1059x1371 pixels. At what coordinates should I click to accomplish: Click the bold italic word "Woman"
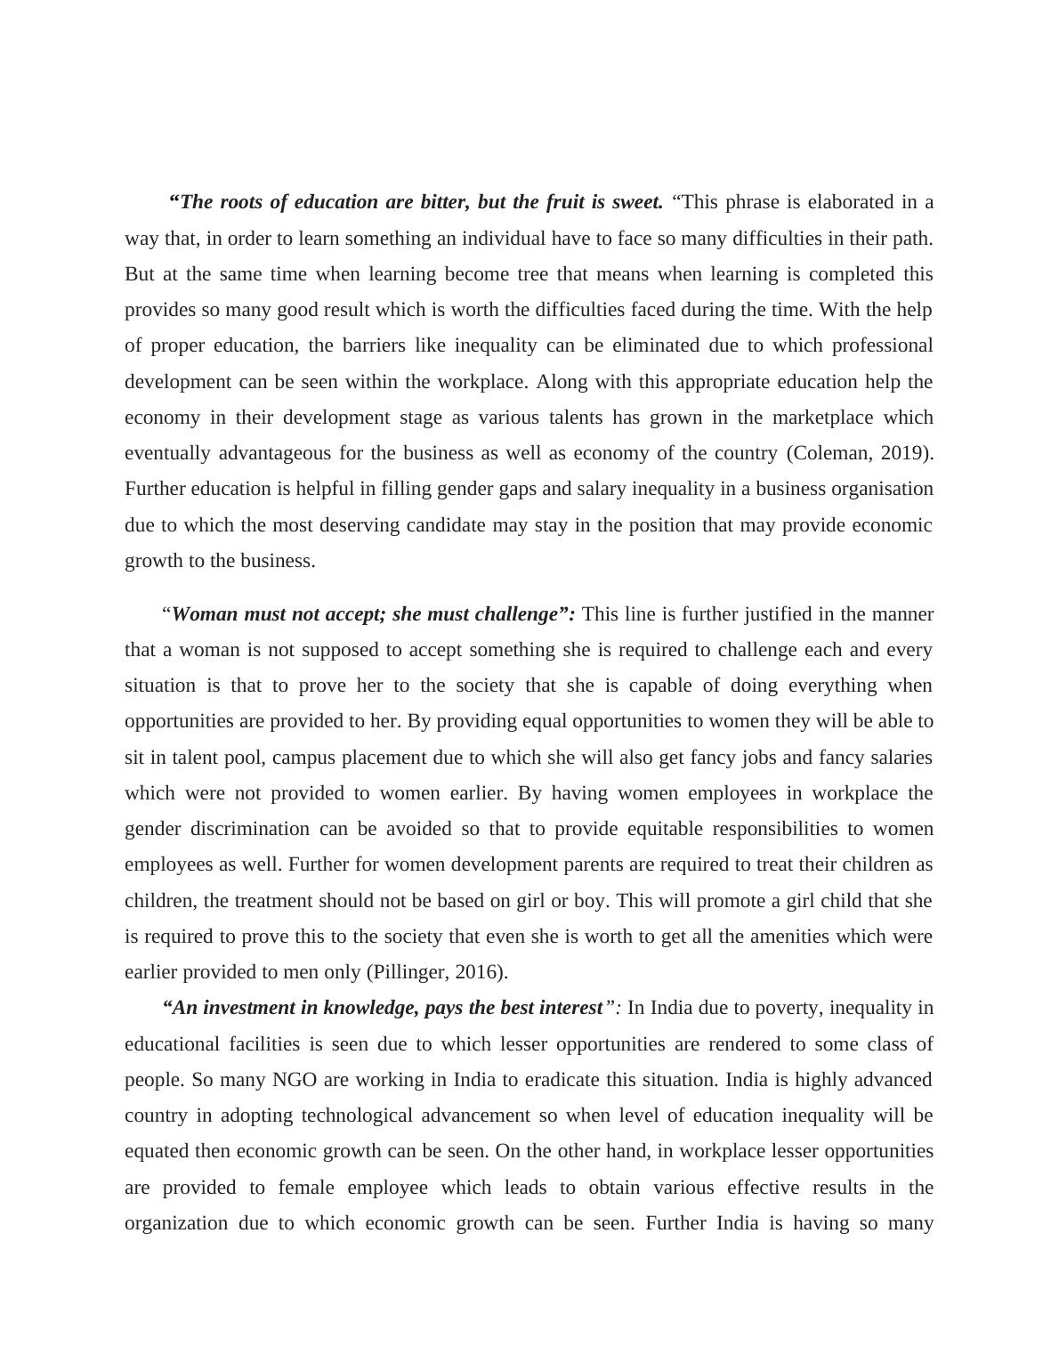click(x=202, y=614)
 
